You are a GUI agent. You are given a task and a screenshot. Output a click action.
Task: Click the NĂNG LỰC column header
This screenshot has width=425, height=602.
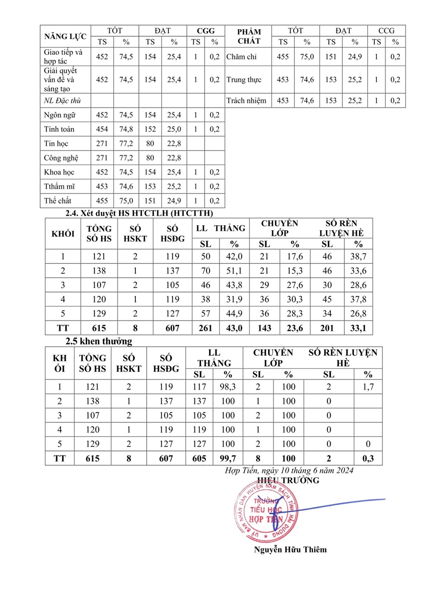65,36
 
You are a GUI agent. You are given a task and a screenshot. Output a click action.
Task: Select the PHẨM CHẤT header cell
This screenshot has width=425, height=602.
249,36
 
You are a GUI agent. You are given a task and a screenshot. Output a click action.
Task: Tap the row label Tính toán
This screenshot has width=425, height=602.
59,129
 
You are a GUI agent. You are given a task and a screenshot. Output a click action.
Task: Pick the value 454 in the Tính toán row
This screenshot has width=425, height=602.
102,129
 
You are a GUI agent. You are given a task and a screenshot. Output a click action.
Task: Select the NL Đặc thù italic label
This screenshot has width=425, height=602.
63,101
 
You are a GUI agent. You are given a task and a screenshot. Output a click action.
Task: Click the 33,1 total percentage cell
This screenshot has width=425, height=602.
358,328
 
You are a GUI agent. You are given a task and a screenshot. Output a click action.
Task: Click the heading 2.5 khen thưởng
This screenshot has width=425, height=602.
99,341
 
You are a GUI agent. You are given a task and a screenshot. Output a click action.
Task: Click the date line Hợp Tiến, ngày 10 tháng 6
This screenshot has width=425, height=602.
290,470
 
